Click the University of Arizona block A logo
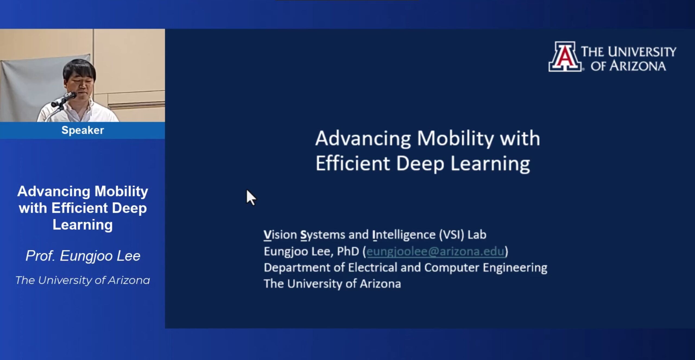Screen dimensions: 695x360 (x=565, y=56)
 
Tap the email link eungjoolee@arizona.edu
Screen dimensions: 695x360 (x=435, y=251)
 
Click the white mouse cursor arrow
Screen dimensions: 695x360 (x=251, y=197)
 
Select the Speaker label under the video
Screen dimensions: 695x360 (x=83, y=130)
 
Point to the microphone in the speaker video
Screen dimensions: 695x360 (x=64, y=99)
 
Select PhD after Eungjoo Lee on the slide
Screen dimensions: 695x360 (x=348, y=251)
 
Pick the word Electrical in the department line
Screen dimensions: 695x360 (x=373, y=268)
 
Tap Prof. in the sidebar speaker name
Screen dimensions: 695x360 (x=40, y=256)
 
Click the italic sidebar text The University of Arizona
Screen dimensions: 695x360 (x=83, y=280)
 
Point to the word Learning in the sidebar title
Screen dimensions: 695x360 (x=83, y=225)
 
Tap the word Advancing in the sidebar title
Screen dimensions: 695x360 (x=54, y=191)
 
